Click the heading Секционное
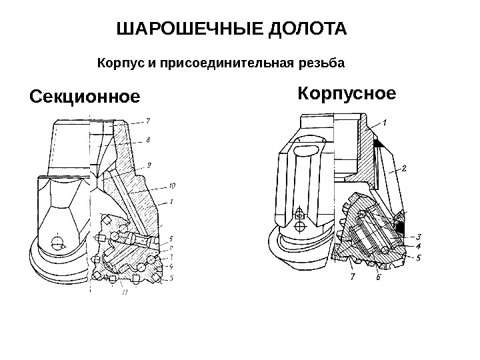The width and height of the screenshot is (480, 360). tap(85, 98)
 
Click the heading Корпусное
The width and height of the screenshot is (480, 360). tap(347, 93)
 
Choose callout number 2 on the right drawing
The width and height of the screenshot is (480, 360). tap(403, 169)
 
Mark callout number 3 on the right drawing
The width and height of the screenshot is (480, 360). tap(417, 236)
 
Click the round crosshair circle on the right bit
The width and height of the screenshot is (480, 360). tap(299, 215)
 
